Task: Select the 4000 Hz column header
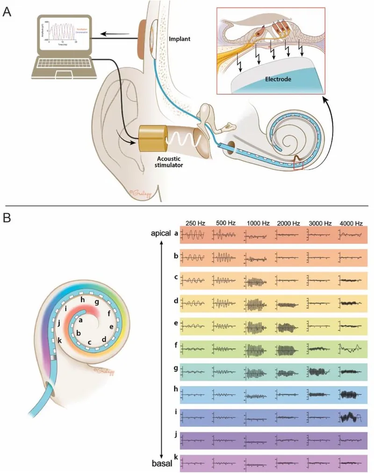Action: pyautogui.click(x=352, y=223)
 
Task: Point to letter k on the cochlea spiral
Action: pyautogui.click(x=60, y=339)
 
